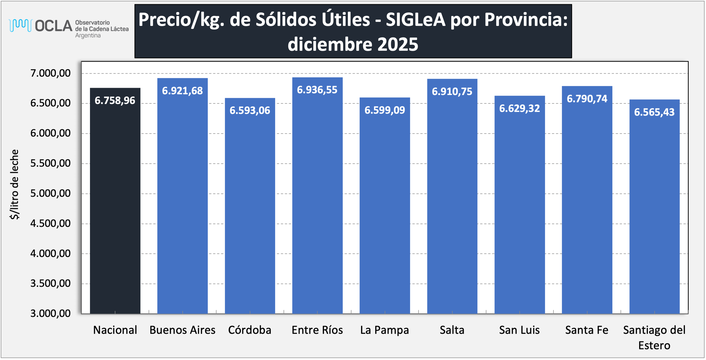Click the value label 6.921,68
pos(182,91)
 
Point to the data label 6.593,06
pos(250,110)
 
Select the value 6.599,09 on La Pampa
pos(384,110)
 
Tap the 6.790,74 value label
pos(587,99)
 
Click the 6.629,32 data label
pos(519,109)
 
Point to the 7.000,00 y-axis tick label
pos(50,73)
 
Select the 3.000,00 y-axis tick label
pos(50,314)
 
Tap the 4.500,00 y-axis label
pos(50,224)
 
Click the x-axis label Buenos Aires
pos(182,330)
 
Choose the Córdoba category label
pos(250,330)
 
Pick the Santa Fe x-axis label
pos(587,330)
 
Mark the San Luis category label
pos(519,330)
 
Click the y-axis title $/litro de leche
pos(14,184)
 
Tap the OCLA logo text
pos(53,26)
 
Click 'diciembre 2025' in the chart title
pos(353,45)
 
